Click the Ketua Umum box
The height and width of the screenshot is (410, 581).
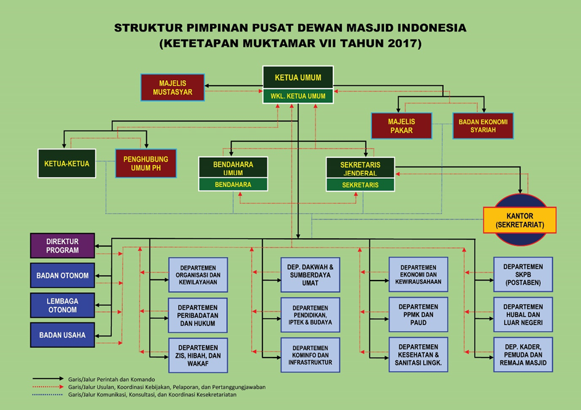click(x=298, y=78)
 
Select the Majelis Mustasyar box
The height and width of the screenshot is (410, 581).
click(x=172, y=88)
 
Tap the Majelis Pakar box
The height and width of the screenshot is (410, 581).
click(x=401, y=125)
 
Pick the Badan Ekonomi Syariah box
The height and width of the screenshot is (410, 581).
click(x=483, y=125)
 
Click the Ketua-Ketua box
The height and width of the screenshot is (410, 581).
click(x=67, y=163)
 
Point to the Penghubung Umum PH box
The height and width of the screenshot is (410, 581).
click(x=146, y=163)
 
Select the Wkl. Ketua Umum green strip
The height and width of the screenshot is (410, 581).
click(x=298, y=96)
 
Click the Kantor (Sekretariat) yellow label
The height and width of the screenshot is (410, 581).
click(x=519, y=220)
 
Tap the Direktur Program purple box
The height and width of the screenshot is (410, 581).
click(x=62, y=245)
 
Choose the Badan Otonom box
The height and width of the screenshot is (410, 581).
click(x=62, y=276)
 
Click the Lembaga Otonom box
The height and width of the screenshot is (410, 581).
click(x=62, y=305)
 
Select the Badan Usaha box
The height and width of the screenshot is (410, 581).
click(x=62, y=335)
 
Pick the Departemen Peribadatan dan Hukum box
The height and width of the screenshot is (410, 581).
click(x=198, y=315)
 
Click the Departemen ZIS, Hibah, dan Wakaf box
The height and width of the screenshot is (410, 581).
click(x=198, y=355)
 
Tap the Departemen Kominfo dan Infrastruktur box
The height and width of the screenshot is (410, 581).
click(x=310, y=355)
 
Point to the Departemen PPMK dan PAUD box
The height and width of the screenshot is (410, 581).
click(x=418, y=315)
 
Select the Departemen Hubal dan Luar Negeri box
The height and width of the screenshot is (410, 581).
click(x=523, y=315)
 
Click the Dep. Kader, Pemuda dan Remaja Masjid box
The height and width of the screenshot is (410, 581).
click(x=523, y=355)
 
